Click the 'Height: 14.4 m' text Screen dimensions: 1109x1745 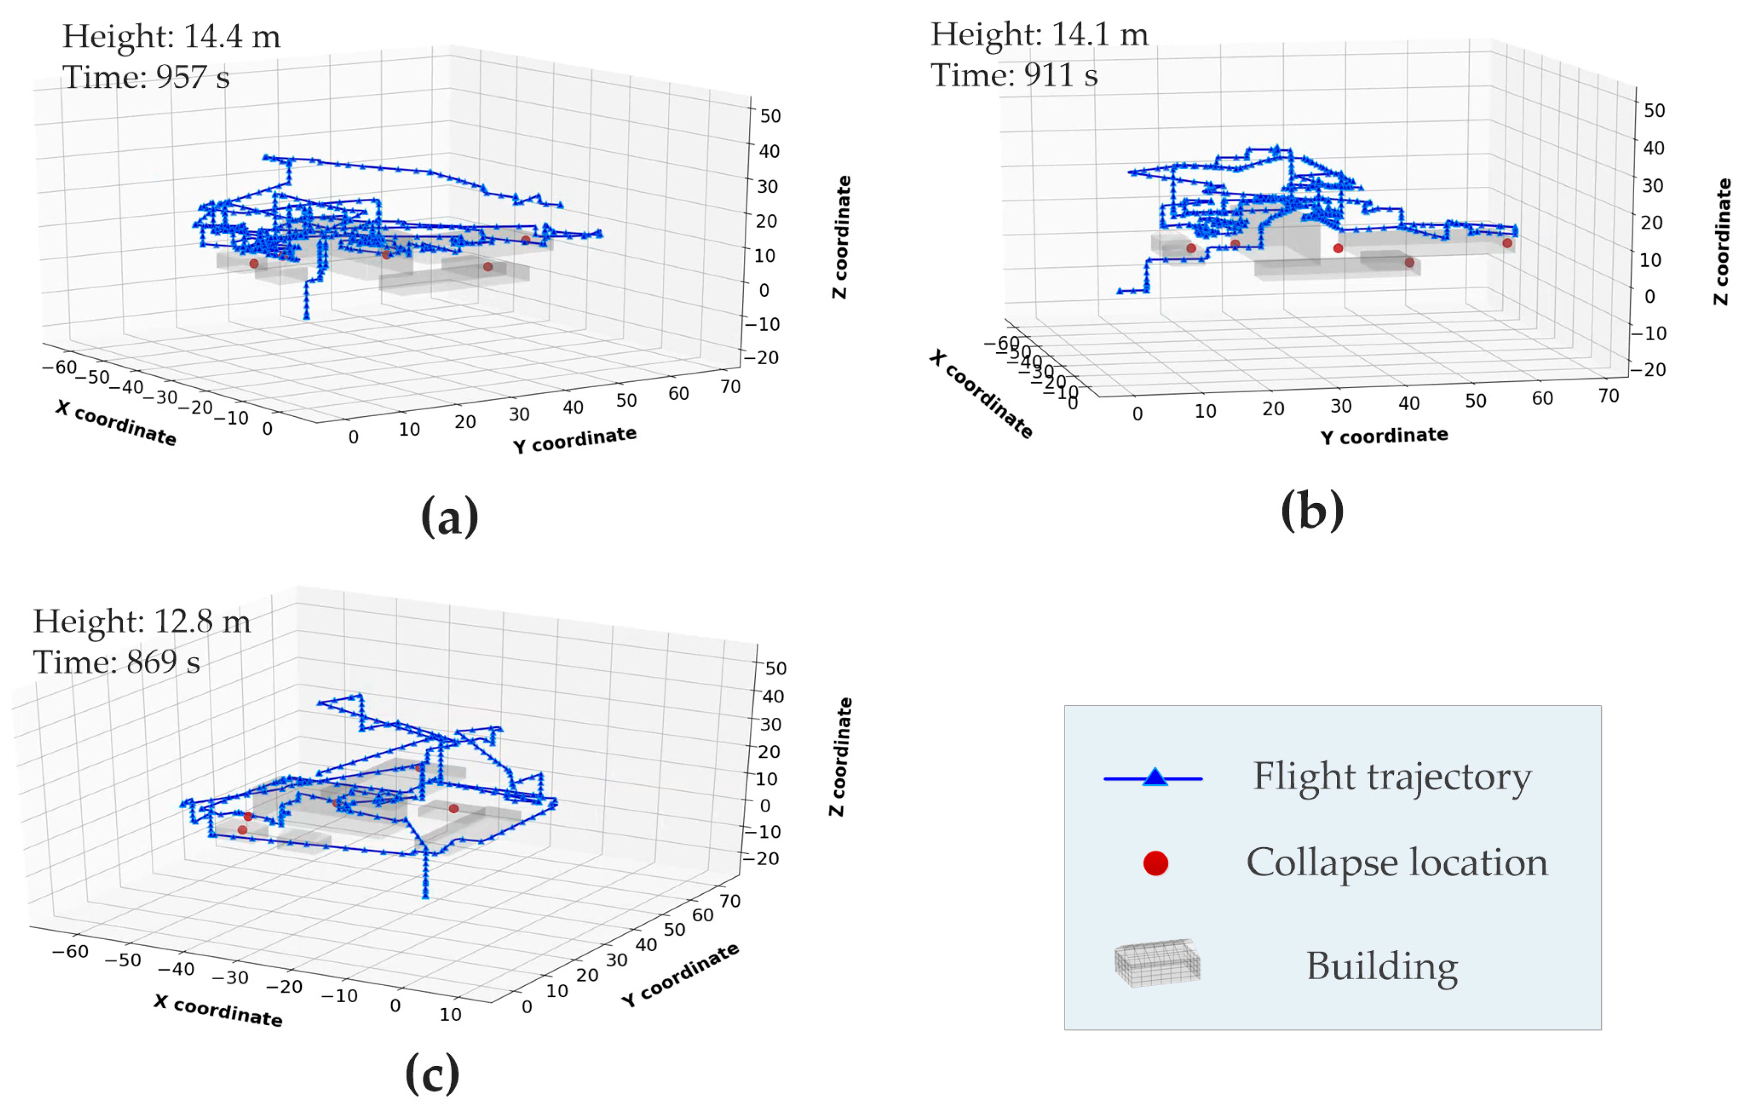(171, 36)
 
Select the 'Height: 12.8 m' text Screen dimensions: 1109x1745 (142, 622)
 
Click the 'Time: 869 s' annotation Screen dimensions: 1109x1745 (117, 662)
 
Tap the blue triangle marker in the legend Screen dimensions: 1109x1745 (1155, 778)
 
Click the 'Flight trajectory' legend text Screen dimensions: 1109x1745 (1392, 777)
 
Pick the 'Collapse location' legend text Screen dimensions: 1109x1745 (1396, 863)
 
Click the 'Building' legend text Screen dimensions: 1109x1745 (1382, 966)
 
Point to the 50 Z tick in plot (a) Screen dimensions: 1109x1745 (770, 116)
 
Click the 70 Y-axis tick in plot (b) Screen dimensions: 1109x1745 (1608, 396)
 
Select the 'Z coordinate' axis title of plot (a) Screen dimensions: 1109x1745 (841, 237)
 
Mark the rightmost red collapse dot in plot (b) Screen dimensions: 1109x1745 (1507, 243)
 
